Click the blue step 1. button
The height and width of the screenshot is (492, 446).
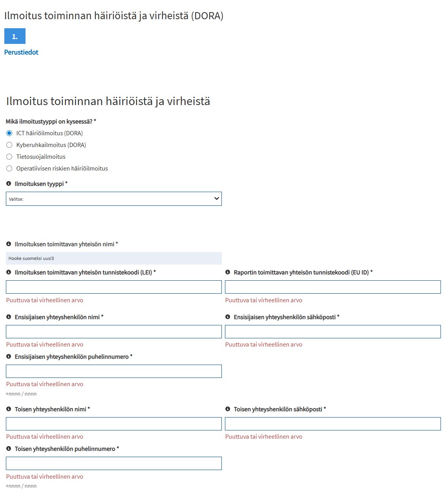tap(15, 36)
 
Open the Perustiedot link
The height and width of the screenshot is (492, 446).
tap(21, 52)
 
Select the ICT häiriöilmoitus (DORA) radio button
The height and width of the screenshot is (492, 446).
tap(9, 133)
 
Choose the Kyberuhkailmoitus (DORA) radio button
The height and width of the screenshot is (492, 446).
tap(9, 145)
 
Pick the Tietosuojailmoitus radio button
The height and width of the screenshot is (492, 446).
tap(9, 157)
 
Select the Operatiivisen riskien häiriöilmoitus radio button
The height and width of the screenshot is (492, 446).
tap(9, 169)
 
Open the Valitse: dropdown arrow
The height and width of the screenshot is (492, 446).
tap(216, 199)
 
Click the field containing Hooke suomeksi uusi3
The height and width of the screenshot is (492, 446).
tap(113, 258)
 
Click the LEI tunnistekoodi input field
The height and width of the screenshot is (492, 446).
tap(113, 287)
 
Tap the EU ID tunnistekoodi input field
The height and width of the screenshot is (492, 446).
tap(333, 287)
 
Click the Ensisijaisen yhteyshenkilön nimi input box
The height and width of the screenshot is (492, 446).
tap(113, 332)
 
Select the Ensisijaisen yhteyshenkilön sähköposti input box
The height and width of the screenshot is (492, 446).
tap(333, 332)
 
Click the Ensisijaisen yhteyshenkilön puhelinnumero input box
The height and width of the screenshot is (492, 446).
tap(113, 371)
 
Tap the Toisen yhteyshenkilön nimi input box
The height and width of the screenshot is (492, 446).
tap(113, 424)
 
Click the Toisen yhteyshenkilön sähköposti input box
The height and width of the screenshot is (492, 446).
tap(333, 424)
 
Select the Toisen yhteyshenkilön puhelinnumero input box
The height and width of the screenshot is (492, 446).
tap(113, 463)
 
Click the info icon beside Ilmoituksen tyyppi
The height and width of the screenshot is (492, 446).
tap(9, 183)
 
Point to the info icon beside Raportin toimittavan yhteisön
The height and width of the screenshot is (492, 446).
tap(228, 272)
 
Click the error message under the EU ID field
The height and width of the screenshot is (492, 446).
tap(263, 300)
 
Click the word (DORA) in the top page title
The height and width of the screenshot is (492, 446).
tap(207, 16)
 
